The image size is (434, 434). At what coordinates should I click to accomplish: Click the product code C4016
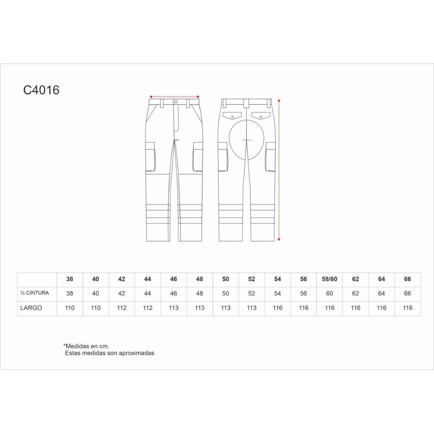pos(41,90)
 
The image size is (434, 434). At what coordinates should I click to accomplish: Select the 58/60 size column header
pos(329,279)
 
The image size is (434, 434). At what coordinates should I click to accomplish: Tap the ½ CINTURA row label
pos(35,293)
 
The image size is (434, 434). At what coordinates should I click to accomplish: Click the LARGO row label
pos(31,308)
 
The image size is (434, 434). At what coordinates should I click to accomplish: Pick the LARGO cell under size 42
pos(122,308)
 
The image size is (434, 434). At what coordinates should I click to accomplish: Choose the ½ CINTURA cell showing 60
pos(329,293)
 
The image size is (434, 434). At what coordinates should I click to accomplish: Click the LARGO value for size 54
pos(278,308)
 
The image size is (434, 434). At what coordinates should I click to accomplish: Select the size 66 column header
pos(407,279)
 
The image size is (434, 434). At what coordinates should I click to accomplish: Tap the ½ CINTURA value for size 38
pos(69,293)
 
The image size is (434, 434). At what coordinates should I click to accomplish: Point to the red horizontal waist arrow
pos(174,97)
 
